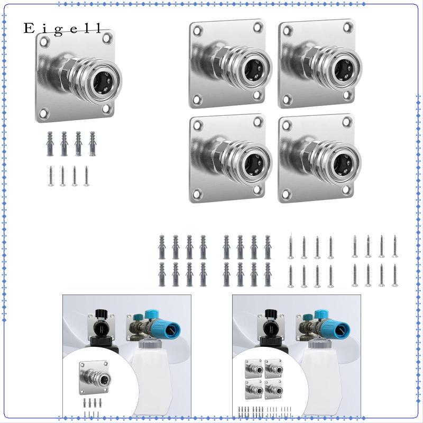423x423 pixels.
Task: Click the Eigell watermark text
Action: point(62,29)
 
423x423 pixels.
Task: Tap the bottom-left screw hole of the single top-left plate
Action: point(43,113)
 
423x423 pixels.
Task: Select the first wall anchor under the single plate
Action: point(50,144)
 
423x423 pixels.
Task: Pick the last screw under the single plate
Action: point(86,176)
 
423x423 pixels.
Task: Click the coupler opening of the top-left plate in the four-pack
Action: point(253,70)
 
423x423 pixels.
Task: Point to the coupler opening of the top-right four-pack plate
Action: point(343,70)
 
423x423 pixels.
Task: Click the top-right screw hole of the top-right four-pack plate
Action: point(348,27)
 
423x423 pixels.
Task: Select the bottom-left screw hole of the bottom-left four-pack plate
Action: point(197,194)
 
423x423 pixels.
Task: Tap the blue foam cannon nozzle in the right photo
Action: point(335,330)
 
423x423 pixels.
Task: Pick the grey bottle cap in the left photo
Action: point(150,344)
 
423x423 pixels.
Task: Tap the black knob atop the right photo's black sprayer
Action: point(271,313)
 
